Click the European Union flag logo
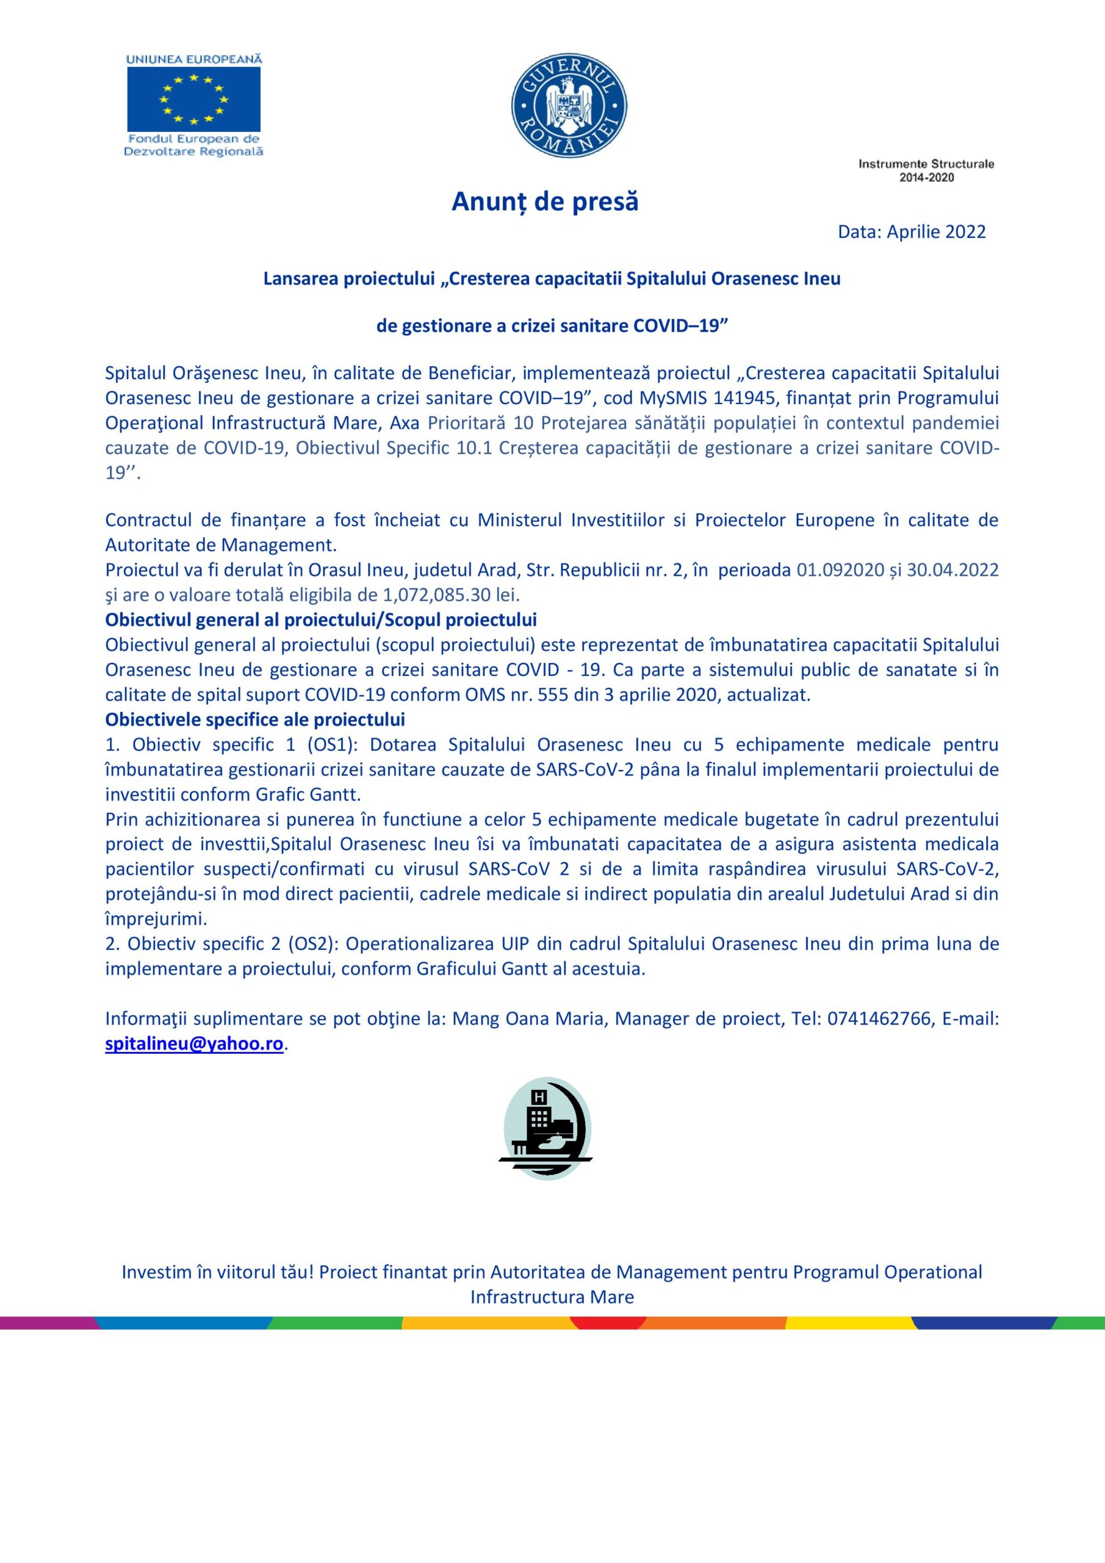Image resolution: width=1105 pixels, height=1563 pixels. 194,99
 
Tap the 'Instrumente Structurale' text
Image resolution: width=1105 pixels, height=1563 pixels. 926,164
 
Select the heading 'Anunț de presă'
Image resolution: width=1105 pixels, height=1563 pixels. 545,201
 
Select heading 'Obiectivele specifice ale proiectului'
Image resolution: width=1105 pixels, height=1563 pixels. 255,720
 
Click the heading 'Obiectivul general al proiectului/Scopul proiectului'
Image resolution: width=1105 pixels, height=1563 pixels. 321,620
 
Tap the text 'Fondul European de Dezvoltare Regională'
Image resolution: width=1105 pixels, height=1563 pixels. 194,145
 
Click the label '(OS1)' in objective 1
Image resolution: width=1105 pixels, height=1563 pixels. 329,745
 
